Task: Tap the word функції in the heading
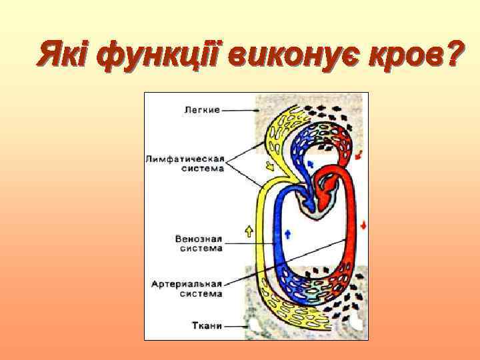click(157, 54)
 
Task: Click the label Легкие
click(201, 110)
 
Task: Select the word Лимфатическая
click(185, 159)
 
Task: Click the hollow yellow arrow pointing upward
click(249, 231)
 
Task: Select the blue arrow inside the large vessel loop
click(288, 233)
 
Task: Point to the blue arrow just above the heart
click(311, 163)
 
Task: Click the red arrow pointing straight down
click(363, 223)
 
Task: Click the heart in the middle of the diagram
click(313, 200)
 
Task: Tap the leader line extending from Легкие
click(240, 110)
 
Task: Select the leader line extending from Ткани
click(237, 326)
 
